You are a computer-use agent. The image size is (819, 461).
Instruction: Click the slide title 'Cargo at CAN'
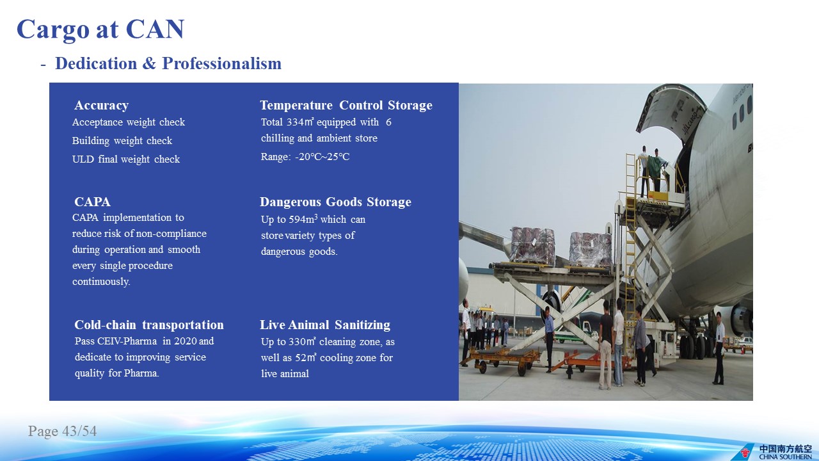click(x=100, y=29)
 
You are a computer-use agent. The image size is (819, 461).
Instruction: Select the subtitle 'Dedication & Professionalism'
click(x=168, y=63)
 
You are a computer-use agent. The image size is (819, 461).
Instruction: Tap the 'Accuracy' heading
click(x=101, y=106)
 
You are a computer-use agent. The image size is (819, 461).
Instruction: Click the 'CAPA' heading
click(x=92, y=202)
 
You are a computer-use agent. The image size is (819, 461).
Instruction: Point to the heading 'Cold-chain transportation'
click(x=149, y=325)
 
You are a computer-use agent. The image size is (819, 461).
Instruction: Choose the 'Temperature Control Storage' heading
click(x=346, y=106)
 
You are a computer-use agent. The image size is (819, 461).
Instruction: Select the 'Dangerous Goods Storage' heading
click(x=335, y=202)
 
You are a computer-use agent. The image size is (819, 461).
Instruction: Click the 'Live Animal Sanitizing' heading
click(x=324, y=325)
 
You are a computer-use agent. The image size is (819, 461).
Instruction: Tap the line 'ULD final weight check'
click(x=126, y=159)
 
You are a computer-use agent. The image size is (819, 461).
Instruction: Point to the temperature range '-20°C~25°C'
click(x=322, y=157)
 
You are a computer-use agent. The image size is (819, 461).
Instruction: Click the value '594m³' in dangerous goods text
click(x=303, y=219)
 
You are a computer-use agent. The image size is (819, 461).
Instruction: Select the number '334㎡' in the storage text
click(x=300, y=122)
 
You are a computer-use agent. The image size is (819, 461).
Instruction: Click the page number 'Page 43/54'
click(x=62, y=431)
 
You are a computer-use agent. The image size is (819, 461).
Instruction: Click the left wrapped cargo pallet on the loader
click(x=532, y=246)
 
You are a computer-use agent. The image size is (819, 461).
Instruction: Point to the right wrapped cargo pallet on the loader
click(x=591, y=250)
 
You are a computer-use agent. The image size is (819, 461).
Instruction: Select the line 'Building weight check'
click(x=122, y=140)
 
